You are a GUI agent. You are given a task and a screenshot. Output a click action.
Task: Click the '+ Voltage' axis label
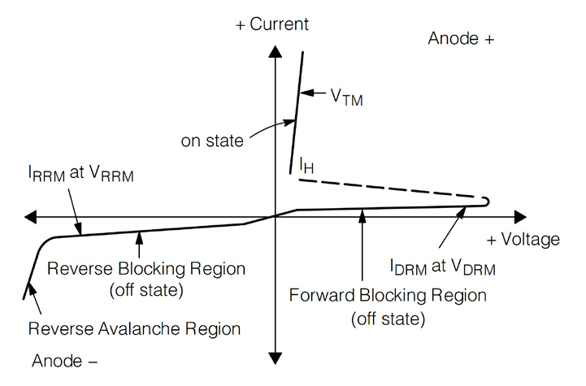(x=523, y=239)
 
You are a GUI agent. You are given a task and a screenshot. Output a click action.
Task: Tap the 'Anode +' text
(x=461, y=39)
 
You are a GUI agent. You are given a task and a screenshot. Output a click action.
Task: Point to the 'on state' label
(x=212, y=141)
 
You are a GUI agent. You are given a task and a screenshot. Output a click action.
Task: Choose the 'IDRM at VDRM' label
(x=441, y=266)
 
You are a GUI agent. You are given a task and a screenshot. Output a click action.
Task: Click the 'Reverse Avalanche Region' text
(x=134, y=329)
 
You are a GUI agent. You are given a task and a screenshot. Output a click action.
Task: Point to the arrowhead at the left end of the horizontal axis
(x=31, y=217)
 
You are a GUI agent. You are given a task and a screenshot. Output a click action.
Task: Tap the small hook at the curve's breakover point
(x=485, y=201)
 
